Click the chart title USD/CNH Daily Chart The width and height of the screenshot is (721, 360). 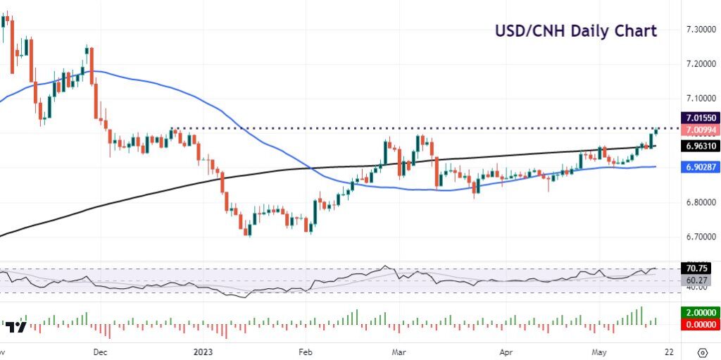[576, 31]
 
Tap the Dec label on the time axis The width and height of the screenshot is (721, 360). [100, 351]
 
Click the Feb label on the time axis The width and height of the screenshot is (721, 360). [305, 351]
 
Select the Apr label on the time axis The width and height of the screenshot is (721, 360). [505, 351]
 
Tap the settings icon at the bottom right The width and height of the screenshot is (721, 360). [702, 352]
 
